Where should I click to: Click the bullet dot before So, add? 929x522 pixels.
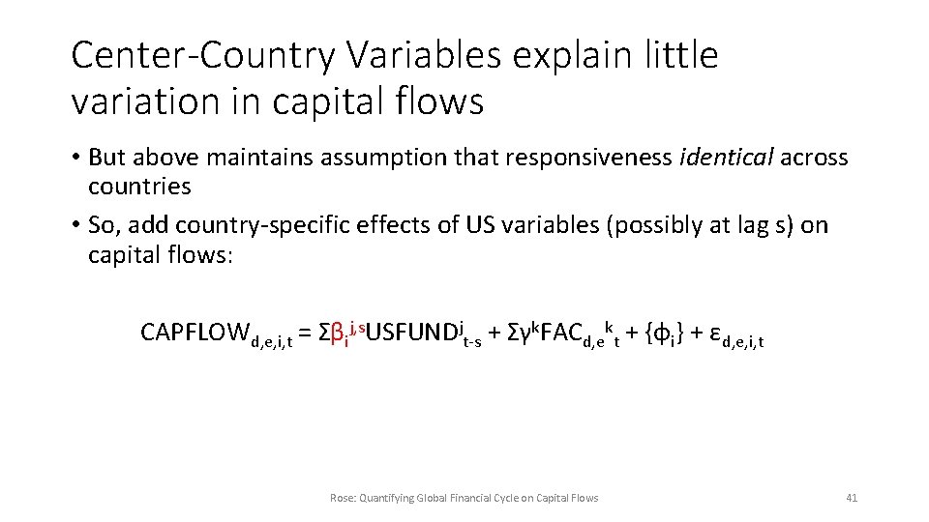point(75,226)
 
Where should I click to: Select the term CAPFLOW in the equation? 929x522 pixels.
point(195,333)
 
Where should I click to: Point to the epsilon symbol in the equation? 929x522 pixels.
point(714,333)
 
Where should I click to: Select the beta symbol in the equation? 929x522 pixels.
point(337,334)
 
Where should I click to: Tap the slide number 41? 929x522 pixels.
point(852,498)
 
